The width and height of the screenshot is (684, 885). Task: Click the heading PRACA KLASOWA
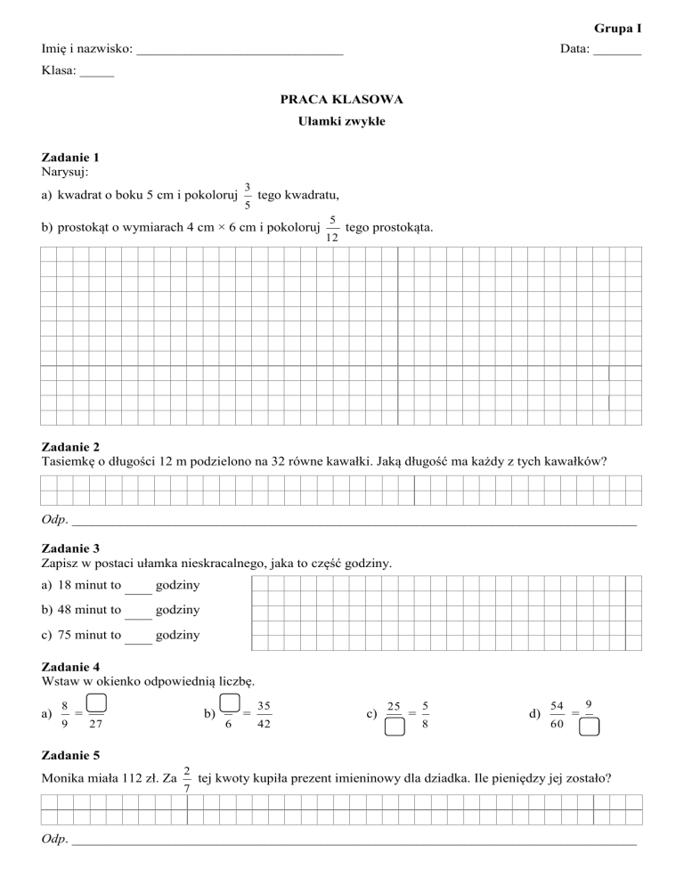(x=342, y=101)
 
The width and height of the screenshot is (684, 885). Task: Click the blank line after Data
(x=617, y=52)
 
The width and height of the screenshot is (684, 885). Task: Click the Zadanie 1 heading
(x=70, y=157)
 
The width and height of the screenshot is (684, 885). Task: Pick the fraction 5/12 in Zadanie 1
(x=331, y=229)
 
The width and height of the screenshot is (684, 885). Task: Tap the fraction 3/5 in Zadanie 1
(x=247, y=195)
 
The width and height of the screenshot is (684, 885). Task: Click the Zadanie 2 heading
(x=70, y=446)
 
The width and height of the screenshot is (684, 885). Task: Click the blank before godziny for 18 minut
(x=139, y=588)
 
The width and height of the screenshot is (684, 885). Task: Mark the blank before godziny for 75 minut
(x=139, y=637)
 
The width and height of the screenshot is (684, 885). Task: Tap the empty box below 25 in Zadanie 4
(x=395, y=728)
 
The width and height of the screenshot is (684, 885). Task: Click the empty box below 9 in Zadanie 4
(x=589, y=728)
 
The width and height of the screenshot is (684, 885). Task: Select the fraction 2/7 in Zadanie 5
(x=185, y=777)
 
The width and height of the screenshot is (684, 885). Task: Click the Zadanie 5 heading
(x=70, y=756)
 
